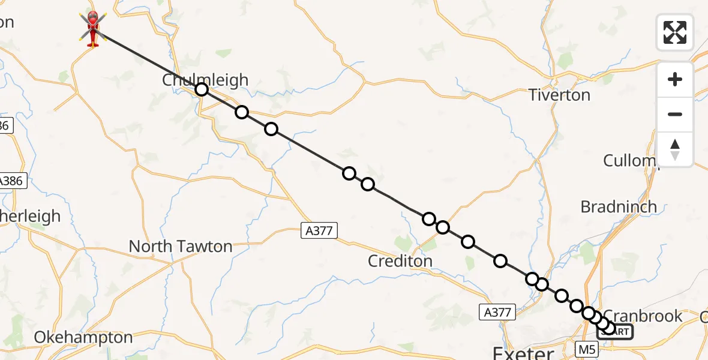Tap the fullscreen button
click(675, 32)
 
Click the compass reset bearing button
click(675, 149)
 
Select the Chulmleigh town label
click(205, 80)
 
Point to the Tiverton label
click(559, 95)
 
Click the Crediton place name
click(401, 261)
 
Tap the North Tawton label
click(181, 246)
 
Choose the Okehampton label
click(83, 337)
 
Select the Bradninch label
click(619, 206)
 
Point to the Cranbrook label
click(643, 316)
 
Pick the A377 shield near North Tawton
click(319, 230)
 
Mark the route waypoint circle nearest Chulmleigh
click(202, 89)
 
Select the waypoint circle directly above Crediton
click(428, 218)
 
